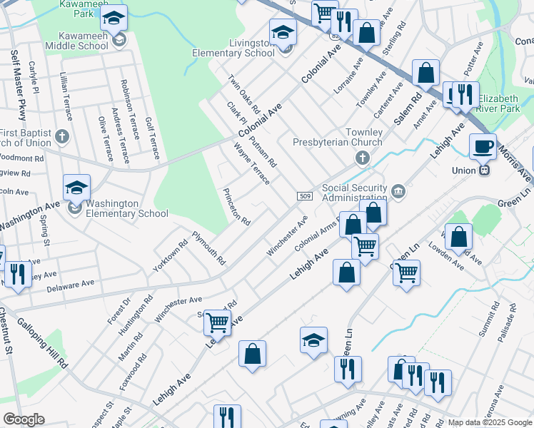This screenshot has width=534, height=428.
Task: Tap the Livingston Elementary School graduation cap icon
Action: (x=283, y=31)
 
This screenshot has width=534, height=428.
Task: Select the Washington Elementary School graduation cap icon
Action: (x=76, y=188)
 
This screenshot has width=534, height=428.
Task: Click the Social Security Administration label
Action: (x=355, y=193)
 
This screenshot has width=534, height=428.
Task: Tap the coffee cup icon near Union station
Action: (x=483, y=146)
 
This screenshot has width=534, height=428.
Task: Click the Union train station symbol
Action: (x=485, y=170)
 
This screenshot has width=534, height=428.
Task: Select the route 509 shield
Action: (x=304, y=196)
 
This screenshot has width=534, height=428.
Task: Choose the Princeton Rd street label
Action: (x=236, y=207)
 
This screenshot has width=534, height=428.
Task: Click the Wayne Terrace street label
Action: (x=251, y=163)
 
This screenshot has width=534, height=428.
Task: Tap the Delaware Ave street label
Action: (x=70, y=285)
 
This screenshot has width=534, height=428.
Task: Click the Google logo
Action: (x=24, y=419)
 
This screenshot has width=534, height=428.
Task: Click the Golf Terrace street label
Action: (x=151, y=138)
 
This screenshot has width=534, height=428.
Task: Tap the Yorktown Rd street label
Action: (x=170, y=255)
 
